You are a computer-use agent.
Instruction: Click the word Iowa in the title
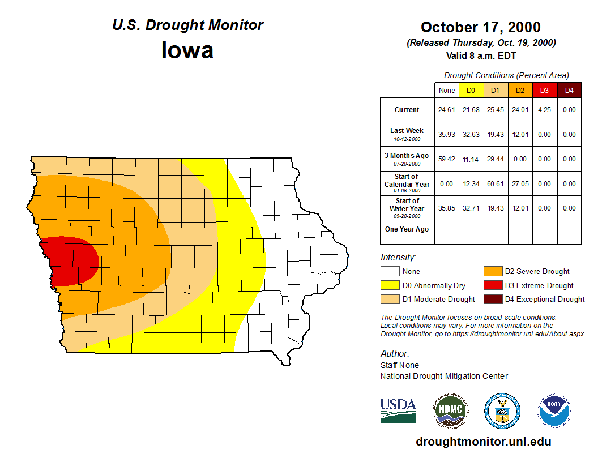coord(187,50)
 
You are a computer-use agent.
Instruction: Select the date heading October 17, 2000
coord(480,27)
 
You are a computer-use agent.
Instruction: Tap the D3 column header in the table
coord(544,90)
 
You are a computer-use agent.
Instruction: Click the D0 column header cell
coord(471,90)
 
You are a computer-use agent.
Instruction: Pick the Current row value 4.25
coord(544,110)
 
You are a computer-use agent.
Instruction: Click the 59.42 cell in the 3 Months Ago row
coord(446,159)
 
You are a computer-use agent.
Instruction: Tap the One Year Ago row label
coord(407,229)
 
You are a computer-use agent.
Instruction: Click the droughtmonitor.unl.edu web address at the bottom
coord(483,442)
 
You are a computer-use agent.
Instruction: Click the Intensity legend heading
coord(398,258)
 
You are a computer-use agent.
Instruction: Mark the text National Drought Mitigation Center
coord(444,376)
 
